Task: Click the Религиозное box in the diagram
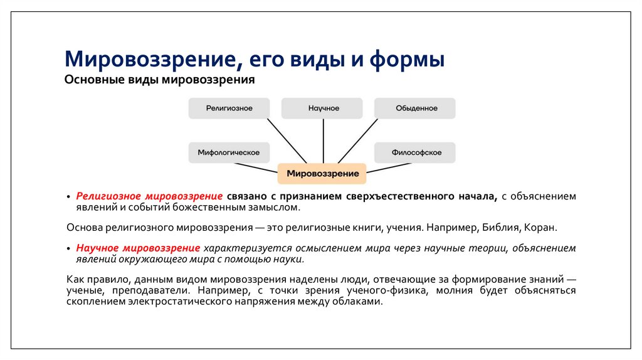coord(229,109)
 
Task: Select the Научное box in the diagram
coord(322,109)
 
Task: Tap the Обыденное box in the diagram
coord(415,109)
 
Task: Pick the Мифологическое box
coord(229,152)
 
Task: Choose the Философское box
coord(415,152)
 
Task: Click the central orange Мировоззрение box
coord(322,173)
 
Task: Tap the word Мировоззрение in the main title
coord(150,61)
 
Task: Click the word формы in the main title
coord(407,61)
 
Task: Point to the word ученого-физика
coord(401,291)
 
